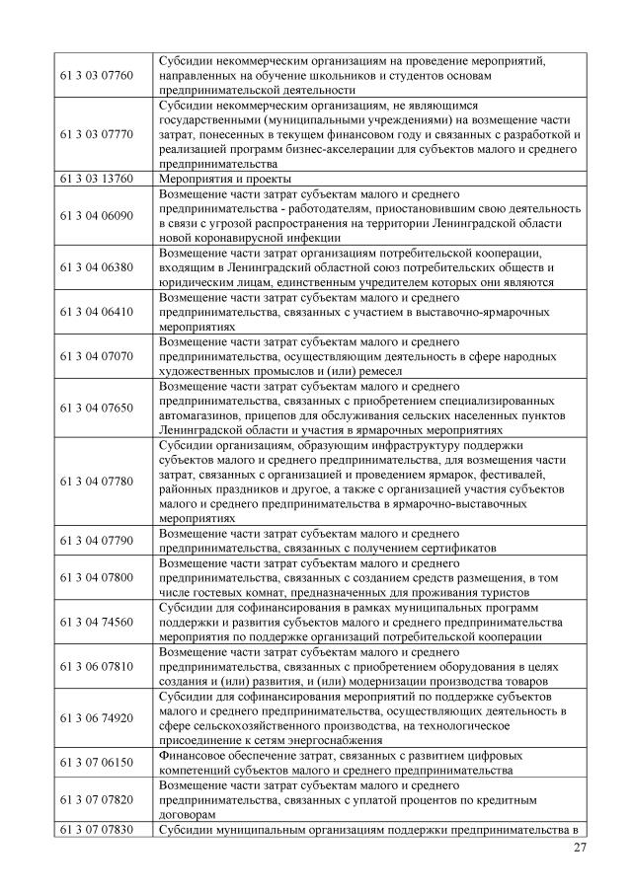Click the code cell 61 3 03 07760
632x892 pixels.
(96, 76)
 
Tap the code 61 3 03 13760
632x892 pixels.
(96, 179)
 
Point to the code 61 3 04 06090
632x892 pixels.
(96, 215)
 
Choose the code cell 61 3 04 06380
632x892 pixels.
(96, 266)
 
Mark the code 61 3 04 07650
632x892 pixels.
(96, 408)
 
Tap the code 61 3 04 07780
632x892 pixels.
(96, 481)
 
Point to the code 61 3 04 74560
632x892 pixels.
(96, 623)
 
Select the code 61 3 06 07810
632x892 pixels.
(96, 667)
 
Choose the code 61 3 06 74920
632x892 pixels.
(96, 718)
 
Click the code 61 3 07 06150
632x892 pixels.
(96, 763)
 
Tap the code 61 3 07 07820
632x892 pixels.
(96, 800)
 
